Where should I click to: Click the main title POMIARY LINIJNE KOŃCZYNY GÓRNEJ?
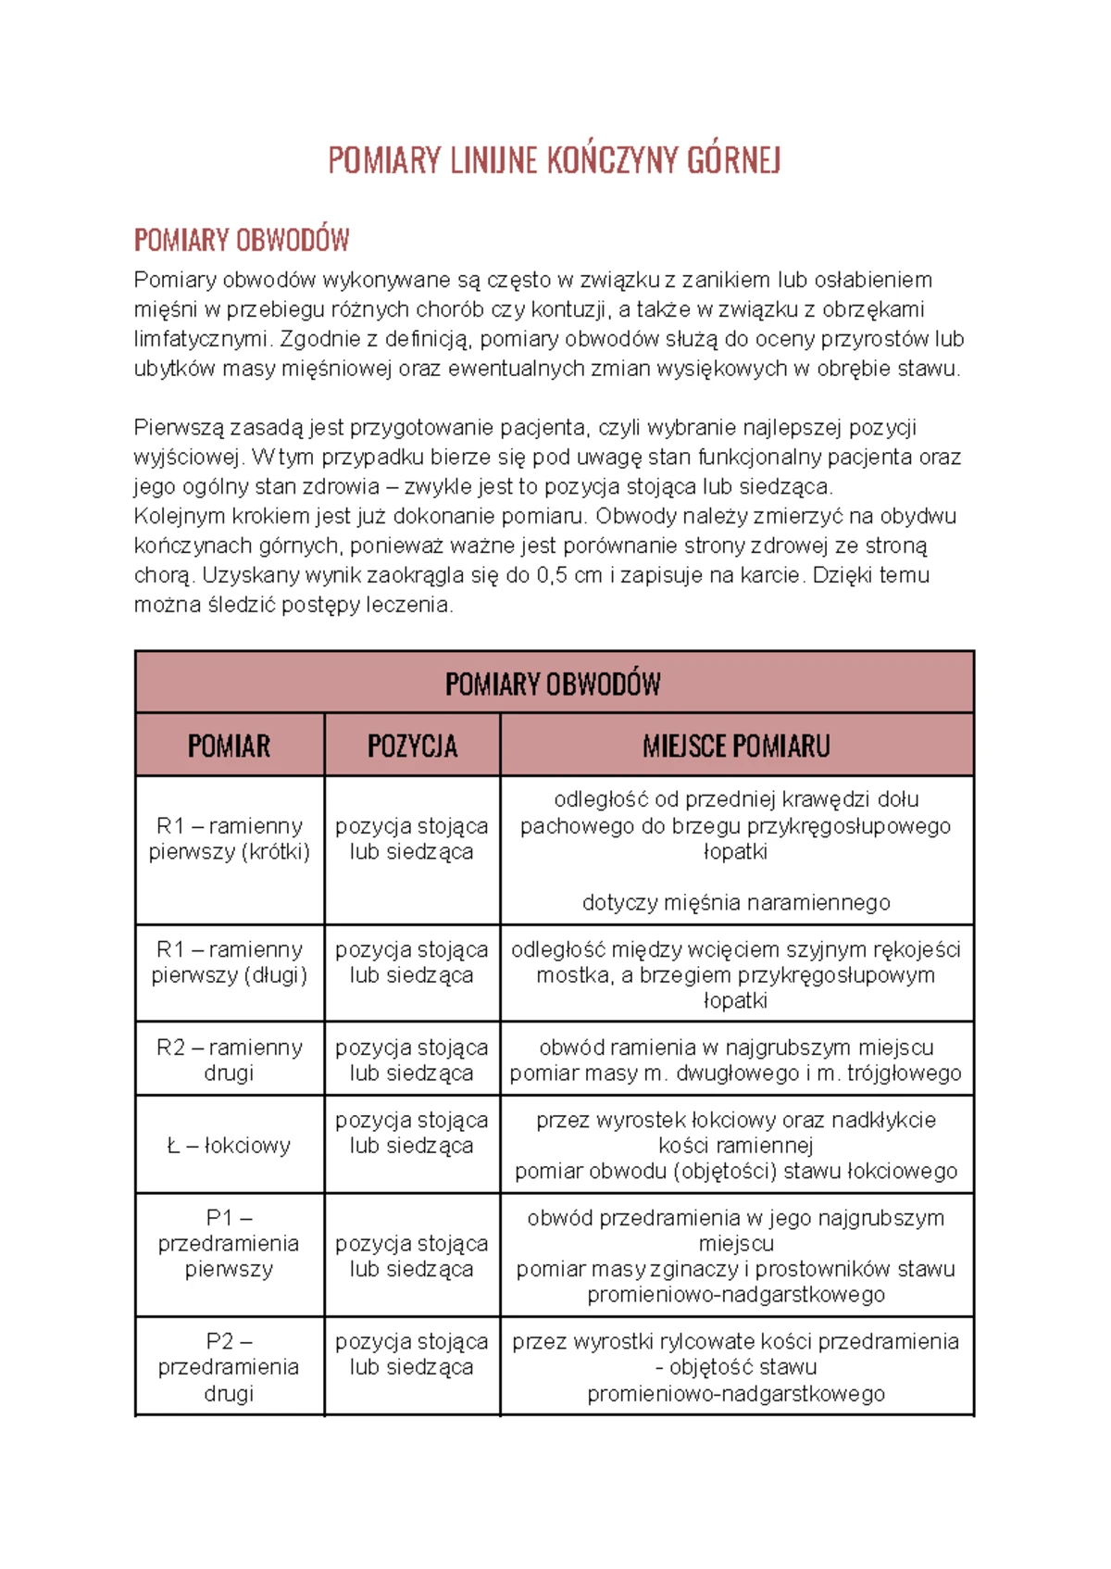click(x=555, y=161)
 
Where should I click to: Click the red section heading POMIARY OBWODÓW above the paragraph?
click(x=242, y=241)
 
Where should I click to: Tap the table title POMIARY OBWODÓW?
click(x=553, y=684)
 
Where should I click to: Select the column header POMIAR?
click(x=229, y=746)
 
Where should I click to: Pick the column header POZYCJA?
click(x=412, y=746)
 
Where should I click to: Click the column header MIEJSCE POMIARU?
click(x=736, y=746)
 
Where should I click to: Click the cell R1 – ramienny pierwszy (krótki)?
click(x=229, y=838)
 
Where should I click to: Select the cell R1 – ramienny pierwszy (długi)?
click(x=229, y=962)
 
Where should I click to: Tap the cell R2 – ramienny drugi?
click(x=229, y=1060)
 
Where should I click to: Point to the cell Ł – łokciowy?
click(x=229, y=1146)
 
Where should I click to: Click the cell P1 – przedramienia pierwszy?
click(x=229, y=1243)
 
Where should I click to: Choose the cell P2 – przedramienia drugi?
click(x=229, y=1367)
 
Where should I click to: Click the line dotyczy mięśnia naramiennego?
click(x=736, y=902)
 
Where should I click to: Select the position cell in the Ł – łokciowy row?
click(x=412, y=1133)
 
